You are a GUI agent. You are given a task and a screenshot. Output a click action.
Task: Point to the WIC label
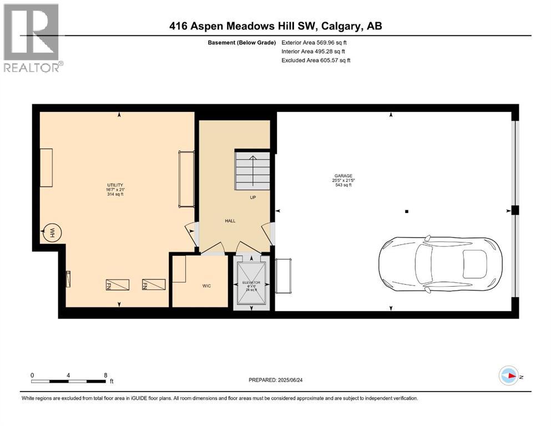tap(206, 286)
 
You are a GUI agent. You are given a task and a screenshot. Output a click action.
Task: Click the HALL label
tap(230, 221)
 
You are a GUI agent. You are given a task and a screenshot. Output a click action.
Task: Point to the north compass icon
tap(508, 376)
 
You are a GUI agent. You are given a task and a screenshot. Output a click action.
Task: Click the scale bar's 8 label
tap(105, 375)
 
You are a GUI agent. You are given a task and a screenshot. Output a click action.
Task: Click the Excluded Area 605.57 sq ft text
tap(316, 60)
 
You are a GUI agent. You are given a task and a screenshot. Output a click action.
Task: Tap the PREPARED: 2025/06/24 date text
tap(279, 380)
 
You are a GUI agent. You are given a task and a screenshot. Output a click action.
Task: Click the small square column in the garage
tap(407, 211)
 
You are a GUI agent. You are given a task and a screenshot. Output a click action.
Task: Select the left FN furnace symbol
tap(117, 285)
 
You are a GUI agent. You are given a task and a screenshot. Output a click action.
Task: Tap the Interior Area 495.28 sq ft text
tap(314, 51)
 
